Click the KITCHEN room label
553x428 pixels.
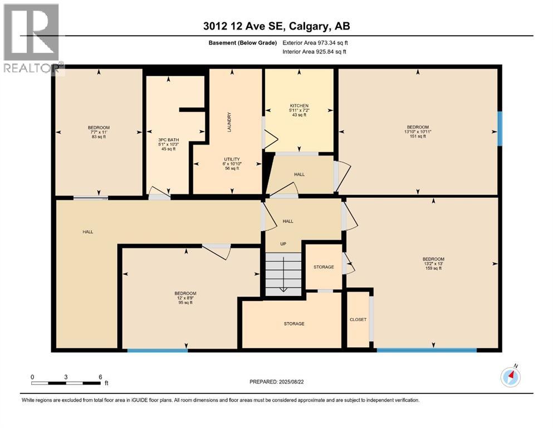298,106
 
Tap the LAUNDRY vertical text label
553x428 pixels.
229,121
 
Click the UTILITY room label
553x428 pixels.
232,159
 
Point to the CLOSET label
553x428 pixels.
358,320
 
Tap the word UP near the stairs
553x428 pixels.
283,244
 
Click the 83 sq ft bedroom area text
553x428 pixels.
99,137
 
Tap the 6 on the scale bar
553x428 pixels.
100,377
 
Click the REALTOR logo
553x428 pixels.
32,39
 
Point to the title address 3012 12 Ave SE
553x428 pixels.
276,26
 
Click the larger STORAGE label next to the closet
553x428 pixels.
293,324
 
